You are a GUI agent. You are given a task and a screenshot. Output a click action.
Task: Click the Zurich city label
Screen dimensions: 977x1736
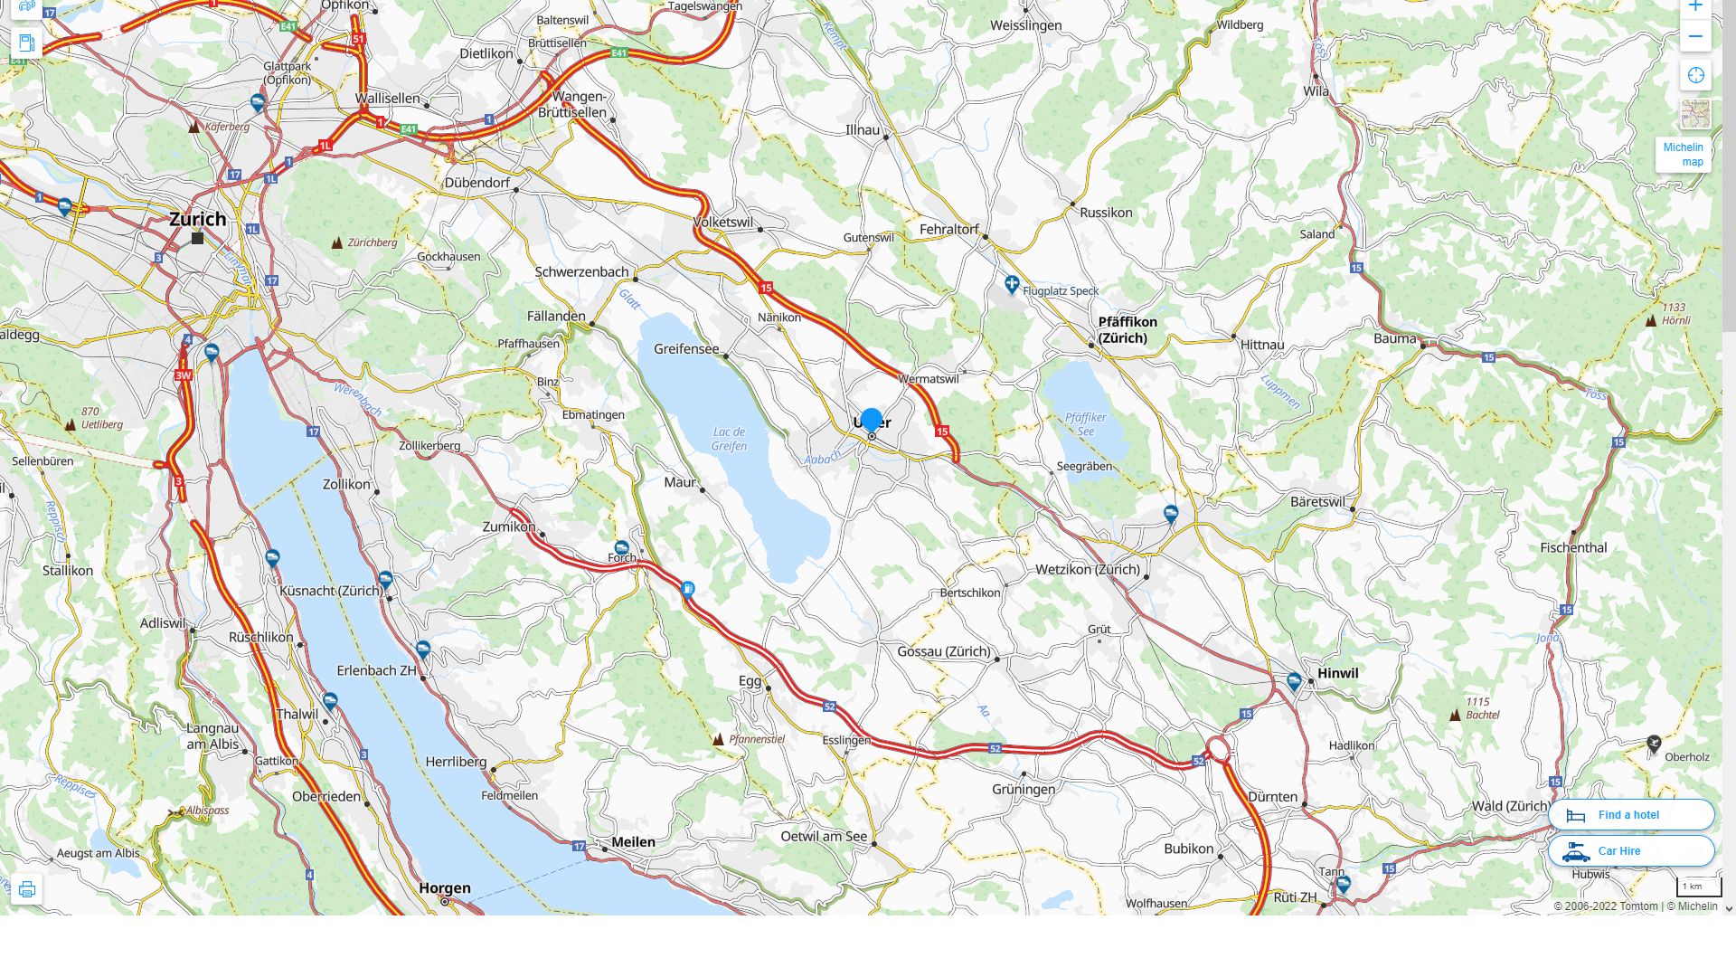click(x=197, y=219)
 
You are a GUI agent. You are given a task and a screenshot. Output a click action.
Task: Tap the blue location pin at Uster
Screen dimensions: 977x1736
click(x=872, y=421)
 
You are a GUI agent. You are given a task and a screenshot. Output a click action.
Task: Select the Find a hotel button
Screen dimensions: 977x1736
click(x=1630, y=815)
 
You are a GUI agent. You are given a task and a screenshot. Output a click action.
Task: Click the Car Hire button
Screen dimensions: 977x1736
click(x=1630, y=851)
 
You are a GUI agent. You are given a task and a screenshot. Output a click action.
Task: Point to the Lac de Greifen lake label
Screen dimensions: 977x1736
click(x=729, y=439)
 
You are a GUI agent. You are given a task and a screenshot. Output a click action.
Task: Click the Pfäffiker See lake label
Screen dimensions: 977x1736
click(x=1085, y=424)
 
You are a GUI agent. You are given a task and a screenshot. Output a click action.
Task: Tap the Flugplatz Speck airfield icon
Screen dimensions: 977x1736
click(x=1012, y=285)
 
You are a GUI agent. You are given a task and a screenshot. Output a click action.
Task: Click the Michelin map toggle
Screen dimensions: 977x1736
click(x=1683, y=155)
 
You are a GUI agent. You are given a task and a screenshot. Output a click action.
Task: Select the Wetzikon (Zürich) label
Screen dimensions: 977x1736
click(x=1087, y=570)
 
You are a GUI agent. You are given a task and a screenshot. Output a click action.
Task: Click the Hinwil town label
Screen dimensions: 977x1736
click(x=1337, y=673)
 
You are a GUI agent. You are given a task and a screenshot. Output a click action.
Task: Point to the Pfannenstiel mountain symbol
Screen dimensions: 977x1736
click(x=719, y=740)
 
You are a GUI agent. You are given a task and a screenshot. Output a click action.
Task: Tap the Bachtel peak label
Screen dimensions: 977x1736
click(x=1481, y=708)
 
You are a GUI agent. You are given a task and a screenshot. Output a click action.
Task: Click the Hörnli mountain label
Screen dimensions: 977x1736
click(x=1675, y=314)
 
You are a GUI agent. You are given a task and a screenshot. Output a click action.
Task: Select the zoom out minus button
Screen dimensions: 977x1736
click(x=1695, y=37)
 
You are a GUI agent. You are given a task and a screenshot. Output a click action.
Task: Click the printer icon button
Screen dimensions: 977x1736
click(x=26, y=889)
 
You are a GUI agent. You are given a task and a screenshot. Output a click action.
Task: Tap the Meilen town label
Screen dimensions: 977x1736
click(x=633, y=842)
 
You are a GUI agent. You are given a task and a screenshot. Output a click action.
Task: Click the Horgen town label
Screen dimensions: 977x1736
click(x=445, y=888)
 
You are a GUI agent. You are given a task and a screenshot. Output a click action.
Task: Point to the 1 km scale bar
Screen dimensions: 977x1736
click(x=1698, y=887)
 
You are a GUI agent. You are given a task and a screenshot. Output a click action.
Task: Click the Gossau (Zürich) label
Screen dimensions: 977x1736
click(x=943, y=651)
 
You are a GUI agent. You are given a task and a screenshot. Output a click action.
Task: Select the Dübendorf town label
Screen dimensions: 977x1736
click(x=477, y=183)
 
